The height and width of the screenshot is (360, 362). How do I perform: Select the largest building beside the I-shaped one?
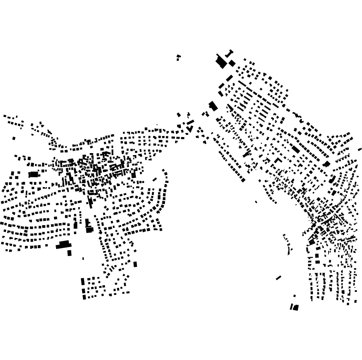point(221,62)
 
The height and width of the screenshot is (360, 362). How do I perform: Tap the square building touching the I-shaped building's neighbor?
point(232,63)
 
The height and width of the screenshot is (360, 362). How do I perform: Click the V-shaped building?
point(190,129)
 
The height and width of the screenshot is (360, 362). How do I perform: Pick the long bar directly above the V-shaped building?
point(190,122)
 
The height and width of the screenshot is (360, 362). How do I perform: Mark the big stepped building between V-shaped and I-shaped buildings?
point(213,106)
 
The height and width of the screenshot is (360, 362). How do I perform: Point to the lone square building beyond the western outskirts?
point(14,138)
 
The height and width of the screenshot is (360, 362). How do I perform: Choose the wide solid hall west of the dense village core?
point(34,174)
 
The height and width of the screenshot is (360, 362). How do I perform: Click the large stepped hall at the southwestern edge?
point(63,245)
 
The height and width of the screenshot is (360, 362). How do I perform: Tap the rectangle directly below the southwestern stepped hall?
point(69,253)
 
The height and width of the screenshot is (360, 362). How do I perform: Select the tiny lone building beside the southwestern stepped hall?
point(83,258)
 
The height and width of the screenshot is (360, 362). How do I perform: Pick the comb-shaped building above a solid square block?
point(87,223)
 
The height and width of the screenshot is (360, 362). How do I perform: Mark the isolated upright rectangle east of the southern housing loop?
point(135,264)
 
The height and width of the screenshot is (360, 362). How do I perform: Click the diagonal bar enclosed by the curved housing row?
point(155,180)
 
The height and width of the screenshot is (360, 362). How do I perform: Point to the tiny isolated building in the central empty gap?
point(256,202)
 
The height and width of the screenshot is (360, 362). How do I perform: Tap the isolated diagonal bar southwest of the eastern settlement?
point(278,278)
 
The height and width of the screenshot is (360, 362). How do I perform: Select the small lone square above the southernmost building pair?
point(294,296)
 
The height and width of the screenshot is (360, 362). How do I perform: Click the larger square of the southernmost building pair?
point(296,307)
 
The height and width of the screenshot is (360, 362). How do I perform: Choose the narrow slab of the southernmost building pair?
point(291,307)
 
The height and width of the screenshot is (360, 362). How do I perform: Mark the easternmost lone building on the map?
point(360,149)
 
